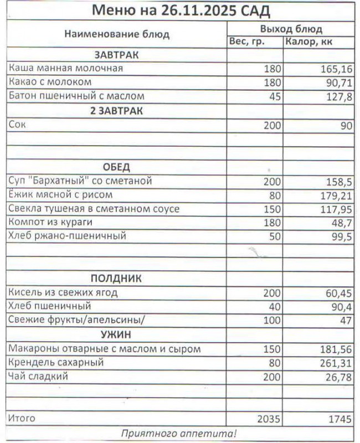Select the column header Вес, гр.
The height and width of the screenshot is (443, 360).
coord(247,42)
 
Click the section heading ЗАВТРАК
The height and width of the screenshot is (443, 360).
coord(116,55)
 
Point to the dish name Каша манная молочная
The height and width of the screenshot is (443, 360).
coord(65,69)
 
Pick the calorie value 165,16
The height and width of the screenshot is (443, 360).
coord(336,69)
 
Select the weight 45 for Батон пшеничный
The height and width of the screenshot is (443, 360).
coord(275,96)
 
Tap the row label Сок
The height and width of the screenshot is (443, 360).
coord(17,125)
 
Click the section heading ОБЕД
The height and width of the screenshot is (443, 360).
coord(116,167)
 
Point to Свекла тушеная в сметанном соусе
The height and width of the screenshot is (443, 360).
coord(94,209)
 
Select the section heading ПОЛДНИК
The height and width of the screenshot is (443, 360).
coord(116,279)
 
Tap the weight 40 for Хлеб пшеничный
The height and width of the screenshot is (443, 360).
coord(275,306)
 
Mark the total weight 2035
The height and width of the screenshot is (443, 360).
coord(270,419)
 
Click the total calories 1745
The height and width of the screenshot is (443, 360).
coord(338,419)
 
